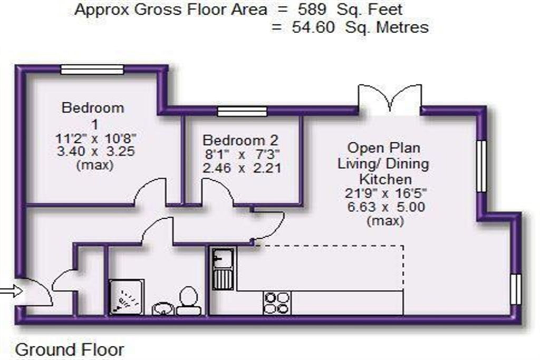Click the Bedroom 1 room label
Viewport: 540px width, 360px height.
point(93,116)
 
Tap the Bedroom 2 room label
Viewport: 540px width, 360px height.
point(240,140)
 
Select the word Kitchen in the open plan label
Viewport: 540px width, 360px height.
point(385,179)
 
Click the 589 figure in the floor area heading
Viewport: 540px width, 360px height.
point(312,9)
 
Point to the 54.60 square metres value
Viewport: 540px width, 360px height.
point(313,27)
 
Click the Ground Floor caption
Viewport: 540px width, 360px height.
point(69,349)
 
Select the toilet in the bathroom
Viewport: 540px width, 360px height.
point(188,300)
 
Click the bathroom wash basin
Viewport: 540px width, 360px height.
point(163,308)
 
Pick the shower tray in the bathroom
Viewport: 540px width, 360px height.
point(127,297)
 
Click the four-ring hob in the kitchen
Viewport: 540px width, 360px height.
point(277,303)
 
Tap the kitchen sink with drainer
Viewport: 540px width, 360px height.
point(223,268)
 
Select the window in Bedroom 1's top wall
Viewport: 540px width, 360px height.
point(92,70)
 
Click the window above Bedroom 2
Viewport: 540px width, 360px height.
point(242,112)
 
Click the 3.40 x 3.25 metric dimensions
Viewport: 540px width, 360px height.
point(95,151)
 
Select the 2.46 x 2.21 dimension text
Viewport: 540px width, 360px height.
point(242,168)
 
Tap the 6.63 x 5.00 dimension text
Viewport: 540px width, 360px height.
point(385,207)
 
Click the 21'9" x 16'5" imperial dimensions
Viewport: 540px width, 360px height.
point(385,193)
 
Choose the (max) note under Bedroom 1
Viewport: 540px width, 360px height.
point(95,165)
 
